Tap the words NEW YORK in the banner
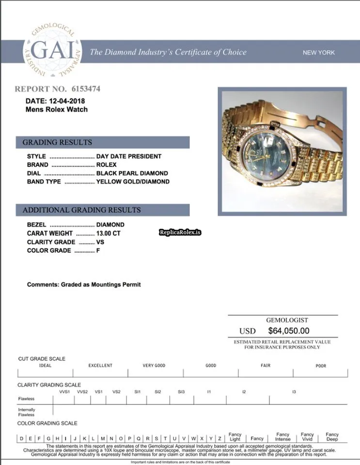pyautogui.click(x=318, y=52)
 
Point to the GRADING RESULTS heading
pyautogui.click(x=57, y=142)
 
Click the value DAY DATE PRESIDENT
pyautogui.click(x=129, y=156)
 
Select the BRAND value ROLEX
pyautogui.click(x=107, y=165)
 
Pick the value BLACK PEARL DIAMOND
pyautogui.click(x=132, y=173)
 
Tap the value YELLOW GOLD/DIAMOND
pyautogui.click(x=133, y=182)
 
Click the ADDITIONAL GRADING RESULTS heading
pyautogui.click(x=82, y=210)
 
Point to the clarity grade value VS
pyautogui.click(x=100, y=242)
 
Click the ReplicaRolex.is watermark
pyautogui.click(x=180, y=232)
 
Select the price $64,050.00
pyautogui.click(x=288, y=331)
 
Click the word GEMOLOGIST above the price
pyautogui.click(x=287, y=320)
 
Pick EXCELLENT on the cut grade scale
pyautogui.click(x=100, y=366)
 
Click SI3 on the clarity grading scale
pyautogui.click(x=181, y=391)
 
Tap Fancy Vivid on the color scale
pyautogui.click(x=307, y=437)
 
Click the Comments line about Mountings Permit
pyautogui.click(x=84, y=285)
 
